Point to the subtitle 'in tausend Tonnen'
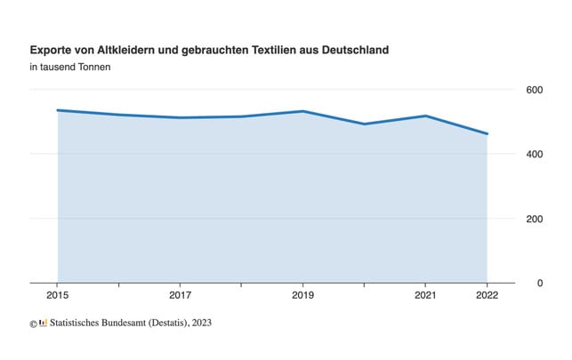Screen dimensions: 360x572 (x=70, y=68)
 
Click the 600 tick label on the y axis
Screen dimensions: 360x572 (x=534, y=90)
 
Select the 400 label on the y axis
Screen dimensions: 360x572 (x=534, y=155)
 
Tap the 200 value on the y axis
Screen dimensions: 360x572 (x=534, y=219)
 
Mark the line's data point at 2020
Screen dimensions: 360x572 (x=365, y=124)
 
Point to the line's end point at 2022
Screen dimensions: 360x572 (x=487, y=134)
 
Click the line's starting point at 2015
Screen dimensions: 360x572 (x=58, y=110)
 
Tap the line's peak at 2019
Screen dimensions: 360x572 (x=303, y=111)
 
